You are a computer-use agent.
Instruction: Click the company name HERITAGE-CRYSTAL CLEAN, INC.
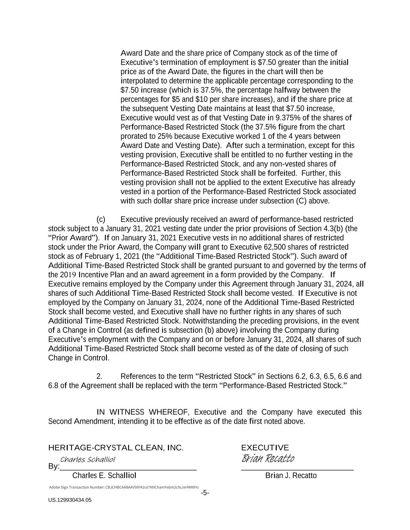pos(115,448)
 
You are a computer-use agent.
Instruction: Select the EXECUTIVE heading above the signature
pos(265,448)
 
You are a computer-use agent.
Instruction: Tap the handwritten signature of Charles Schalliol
pos(88,460)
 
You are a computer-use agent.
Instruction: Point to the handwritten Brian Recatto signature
pos(268,459)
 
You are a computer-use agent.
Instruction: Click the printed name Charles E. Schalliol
pos(104,476)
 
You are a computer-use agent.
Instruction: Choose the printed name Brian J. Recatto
pos(291,476)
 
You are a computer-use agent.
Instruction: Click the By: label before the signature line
pos(54,466)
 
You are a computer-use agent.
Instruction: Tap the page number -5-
pos(205,493)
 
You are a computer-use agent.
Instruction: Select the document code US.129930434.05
pos(70,500)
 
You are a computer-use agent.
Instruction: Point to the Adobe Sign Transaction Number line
pos(124,487)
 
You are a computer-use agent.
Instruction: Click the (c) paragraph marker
pos(101,219)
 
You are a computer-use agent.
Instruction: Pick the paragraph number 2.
pos(99,376)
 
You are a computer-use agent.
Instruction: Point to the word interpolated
pos(141,81)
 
